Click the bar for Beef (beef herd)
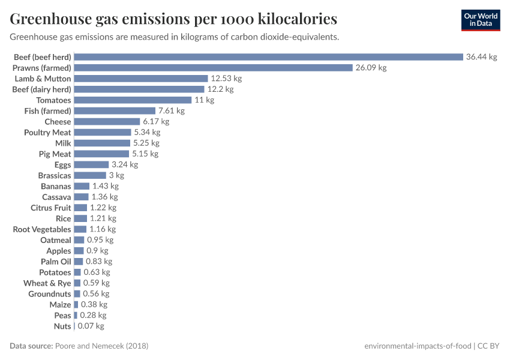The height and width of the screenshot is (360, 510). coord(268,57)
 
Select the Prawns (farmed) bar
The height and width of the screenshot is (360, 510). coord(213,68)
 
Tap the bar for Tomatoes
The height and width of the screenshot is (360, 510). coord(133,100)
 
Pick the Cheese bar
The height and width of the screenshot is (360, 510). coord(107,122)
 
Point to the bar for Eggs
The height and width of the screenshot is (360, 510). coord(91,164)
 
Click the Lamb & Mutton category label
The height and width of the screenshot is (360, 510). coord(43,79)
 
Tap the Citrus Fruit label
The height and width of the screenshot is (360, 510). coord(51,208)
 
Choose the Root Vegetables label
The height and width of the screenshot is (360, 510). coord(42,229)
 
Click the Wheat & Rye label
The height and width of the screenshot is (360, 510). coord(47,283)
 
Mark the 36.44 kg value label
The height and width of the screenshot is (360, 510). coord(482,57)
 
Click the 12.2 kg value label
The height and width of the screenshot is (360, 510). coord(220,89)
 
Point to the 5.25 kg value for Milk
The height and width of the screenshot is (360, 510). coord(146,143)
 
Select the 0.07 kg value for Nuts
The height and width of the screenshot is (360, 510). coord(91,326)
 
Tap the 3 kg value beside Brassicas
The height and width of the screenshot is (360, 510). coord(116,175)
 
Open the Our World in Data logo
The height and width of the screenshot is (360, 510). coord(481,20)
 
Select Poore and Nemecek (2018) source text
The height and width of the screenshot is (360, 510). coord(101,346)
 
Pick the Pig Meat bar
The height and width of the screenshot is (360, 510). coord(101,154)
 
